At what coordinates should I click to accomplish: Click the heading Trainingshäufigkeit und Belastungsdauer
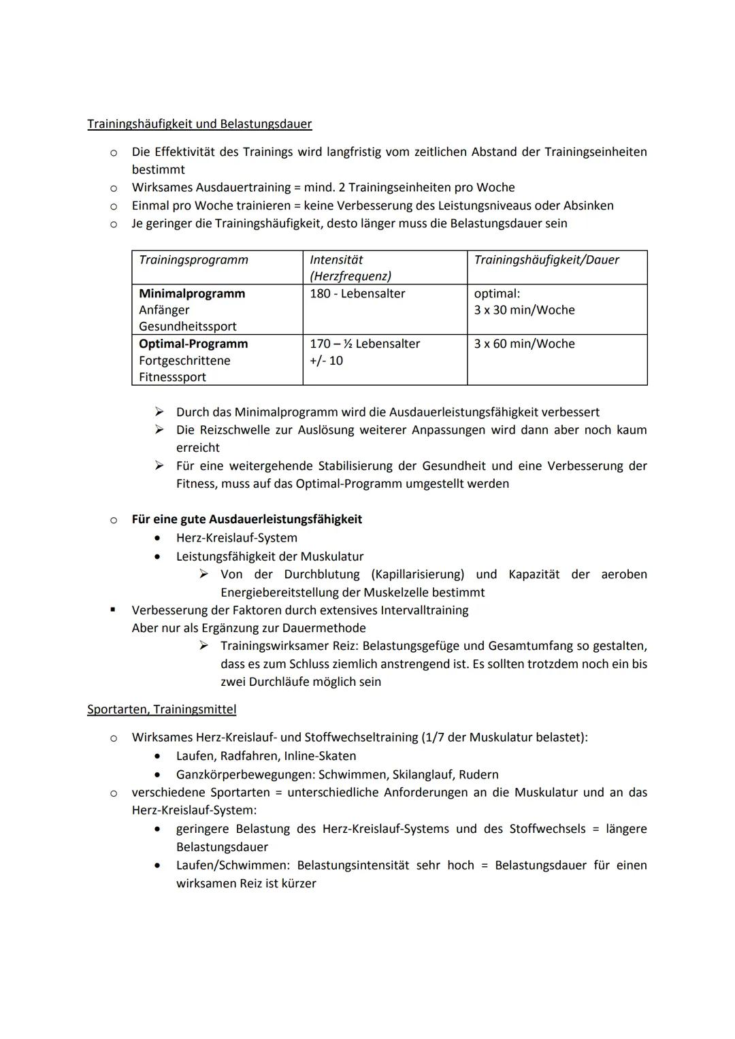(x=199, y=124)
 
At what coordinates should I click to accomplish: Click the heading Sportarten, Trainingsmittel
(x=162, y=709)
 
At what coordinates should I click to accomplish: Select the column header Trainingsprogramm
(x=193, y=260)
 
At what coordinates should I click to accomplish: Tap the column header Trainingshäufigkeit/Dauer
(x=546, y=260)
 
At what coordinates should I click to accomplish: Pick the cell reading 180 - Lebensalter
(x=357, y=294)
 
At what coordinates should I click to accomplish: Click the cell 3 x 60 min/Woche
(x=524, y=344)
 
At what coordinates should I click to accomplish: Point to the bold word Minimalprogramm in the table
(x=192, y=294)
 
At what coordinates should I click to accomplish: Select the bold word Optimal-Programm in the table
(x=193, y=344)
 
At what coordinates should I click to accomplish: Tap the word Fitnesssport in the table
(x=172, y=377)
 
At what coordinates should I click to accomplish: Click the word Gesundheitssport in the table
(x=188, y=327)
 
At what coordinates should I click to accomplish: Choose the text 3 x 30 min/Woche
(x=524, y=310)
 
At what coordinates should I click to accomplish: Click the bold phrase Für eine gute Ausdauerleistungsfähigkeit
(x=246, y=519)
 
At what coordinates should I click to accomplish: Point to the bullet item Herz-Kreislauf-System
(x=236, y=538)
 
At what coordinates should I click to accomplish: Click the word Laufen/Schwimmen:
(x=232, y=865)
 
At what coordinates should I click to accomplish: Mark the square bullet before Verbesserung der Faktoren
(x=114, y=610)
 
